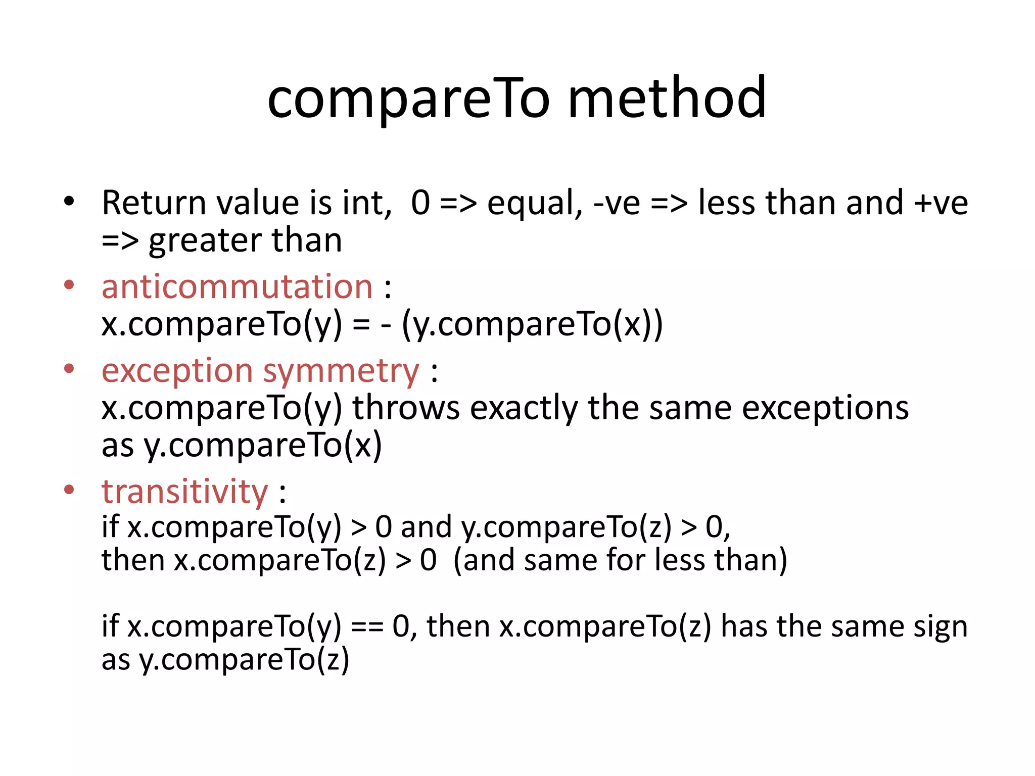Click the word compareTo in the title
408,99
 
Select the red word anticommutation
237,286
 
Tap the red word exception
177,371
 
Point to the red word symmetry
341,371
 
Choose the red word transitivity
184,492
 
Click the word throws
406,408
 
